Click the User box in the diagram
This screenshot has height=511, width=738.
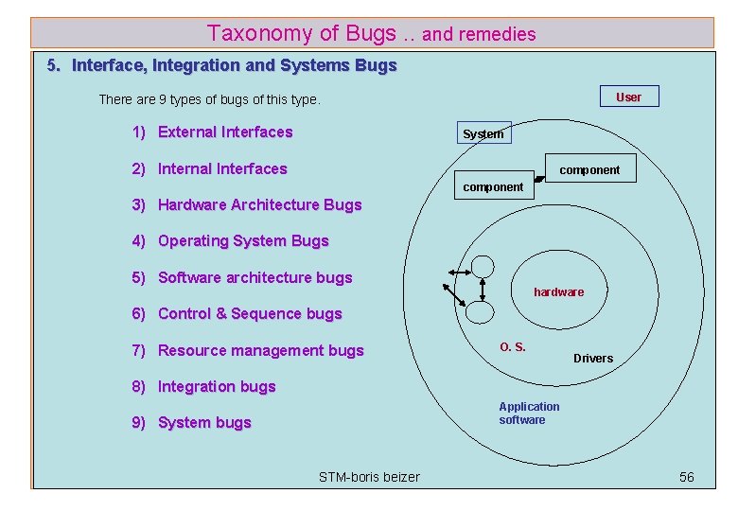pos(628,97)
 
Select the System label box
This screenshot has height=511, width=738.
pos(483,133)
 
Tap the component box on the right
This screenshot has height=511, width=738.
pos(589,170)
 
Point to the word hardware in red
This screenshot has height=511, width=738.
pos(558,292)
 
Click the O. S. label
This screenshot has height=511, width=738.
pos(513,346)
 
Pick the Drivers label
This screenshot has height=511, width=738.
pos(593,358)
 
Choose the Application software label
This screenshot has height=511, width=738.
pos(529,414)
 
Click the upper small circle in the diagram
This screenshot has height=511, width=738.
pos(483,268)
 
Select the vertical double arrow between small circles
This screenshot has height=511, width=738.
pos(483,289)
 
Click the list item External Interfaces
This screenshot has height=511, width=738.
pos(225,132)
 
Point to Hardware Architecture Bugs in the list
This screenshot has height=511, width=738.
pos(259,205)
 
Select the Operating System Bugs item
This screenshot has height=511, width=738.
pos(243,241)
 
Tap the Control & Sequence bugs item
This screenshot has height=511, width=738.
pos(250,314)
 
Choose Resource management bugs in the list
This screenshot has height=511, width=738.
pos(260,351)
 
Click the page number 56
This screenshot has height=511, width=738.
pos(687,477)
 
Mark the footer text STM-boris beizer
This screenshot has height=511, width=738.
pos(369,477)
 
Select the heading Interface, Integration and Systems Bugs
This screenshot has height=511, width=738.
pos(234,66)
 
